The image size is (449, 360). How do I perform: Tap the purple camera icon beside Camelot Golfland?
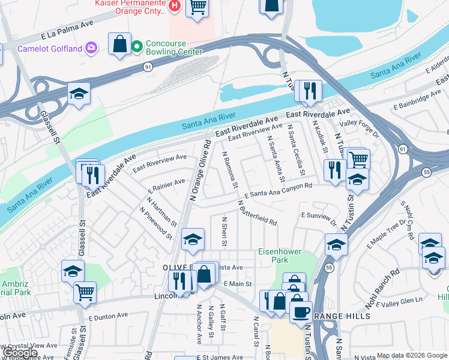point(91,47)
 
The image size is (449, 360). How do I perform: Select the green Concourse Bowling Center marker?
point(137,46)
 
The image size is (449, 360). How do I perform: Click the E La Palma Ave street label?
point(68,30)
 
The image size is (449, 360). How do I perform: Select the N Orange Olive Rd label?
point(200,170)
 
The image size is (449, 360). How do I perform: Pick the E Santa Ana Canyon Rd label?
point(279,190)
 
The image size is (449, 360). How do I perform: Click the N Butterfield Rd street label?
point(258,214)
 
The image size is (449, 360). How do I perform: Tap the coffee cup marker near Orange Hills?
point(301,312)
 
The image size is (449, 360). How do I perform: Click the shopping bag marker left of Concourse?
point(120,44)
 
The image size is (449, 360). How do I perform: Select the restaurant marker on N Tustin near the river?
point(310,91)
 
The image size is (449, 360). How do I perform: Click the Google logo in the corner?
point(19,353)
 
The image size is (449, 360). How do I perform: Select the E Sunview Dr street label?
point(318,217)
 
